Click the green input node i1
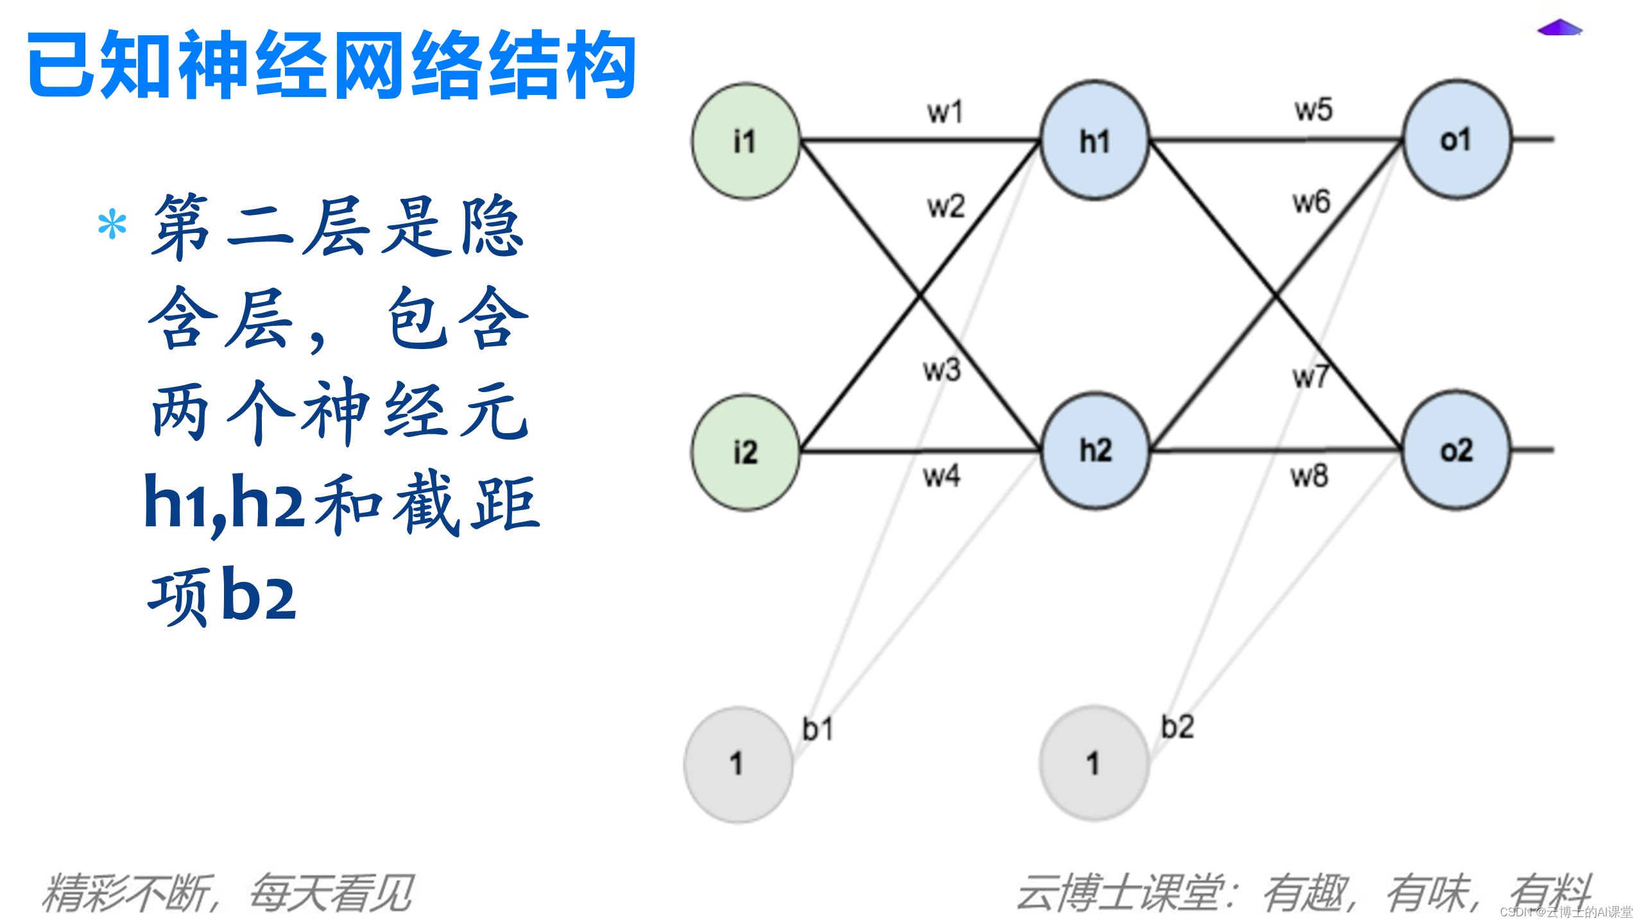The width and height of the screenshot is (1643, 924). click(x=746, y=141)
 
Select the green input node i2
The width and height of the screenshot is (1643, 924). click(x=746, y=452)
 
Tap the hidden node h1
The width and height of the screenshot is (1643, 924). click(x=1094, y=141)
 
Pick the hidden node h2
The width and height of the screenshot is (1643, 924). click(x=1095, y=450)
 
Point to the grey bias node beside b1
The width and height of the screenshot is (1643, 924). click(x=738, y=764)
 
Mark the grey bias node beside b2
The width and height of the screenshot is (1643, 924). click(x=1094, y=763)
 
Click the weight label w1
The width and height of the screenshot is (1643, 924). click(x=945, y=112)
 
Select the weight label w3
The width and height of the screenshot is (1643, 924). click(x=942, y=370)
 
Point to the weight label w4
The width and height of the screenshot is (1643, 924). click(x=942, y=476)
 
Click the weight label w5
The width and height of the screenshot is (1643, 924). click(x=1313, y=110)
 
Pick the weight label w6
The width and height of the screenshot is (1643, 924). click(x=1311, y=203)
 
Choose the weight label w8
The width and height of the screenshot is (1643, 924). click(x=1309, y=476)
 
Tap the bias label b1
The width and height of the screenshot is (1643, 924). click(x=818, y=730)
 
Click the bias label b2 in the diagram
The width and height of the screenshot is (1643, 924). click(x=1177, y=727)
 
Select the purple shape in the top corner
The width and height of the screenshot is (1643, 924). click(x=1560, y=28)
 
